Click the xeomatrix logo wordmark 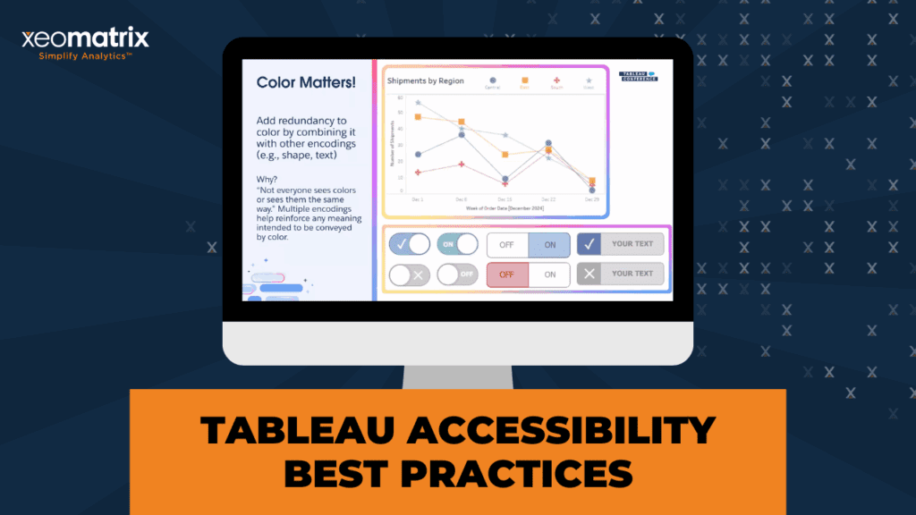coord(85,38)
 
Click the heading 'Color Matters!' coord(306,82)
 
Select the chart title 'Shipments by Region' coord(425,80)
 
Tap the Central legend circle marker coord(493,80)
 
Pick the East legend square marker coord(524,80)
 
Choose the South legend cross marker coord(557,80)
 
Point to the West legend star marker coord(589,80)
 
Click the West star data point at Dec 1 coord(418,103)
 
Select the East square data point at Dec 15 coord(505,154)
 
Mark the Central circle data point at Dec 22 coord(548,142)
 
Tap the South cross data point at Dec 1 coord(418,173)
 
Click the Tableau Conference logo coord(638,76)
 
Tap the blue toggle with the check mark coord(410,244)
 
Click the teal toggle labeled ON coord(457,244)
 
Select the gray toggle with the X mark coord(410,274)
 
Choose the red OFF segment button coord(507,274)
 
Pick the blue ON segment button coord(549,244)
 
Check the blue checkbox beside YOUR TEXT coord(589,244)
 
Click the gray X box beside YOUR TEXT coord(589,274)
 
